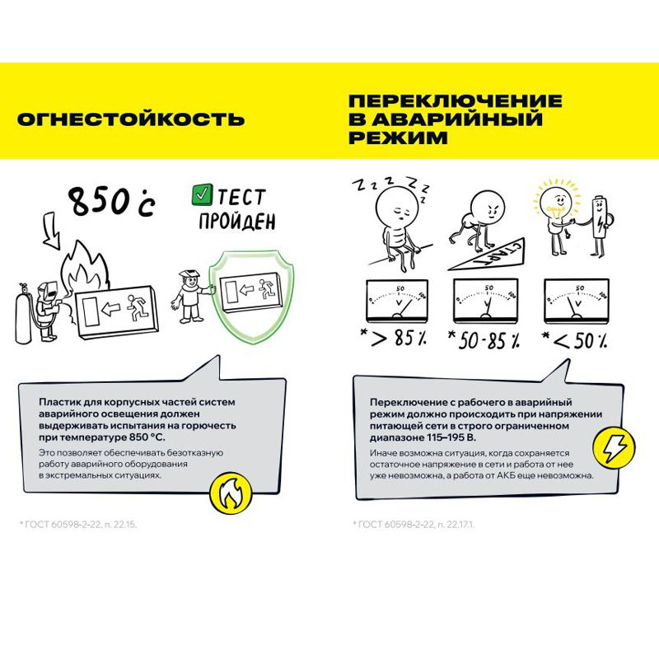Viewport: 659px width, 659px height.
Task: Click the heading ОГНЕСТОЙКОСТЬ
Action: (x=130, y=119)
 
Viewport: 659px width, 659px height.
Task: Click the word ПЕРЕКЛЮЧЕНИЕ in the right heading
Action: (x=456, y=101)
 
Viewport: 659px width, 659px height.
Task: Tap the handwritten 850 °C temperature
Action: (x=110, y=200)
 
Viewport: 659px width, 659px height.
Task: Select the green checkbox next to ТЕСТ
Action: (x=201, y=196)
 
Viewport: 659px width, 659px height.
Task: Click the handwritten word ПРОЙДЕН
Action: (x=235, y=222)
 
